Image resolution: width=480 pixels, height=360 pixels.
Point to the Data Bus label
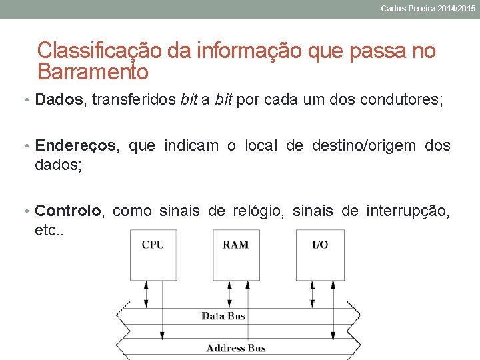click(223, 316)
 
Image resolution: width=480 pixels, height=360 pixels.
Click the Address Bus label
click(235, 348)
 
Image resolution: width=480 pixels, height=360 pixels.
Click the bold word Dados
click(59, 100)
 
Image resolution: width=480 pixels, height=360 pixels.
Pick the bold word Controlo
click(68, 211)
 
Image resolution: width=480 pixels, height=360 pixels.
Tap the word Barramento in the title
click(93, 71)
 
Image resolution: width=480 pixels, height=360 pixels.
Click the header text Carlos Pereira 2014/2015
click(428, 9)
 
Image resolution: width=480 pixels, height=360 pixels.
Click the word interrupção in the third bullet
click(407, 211)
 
